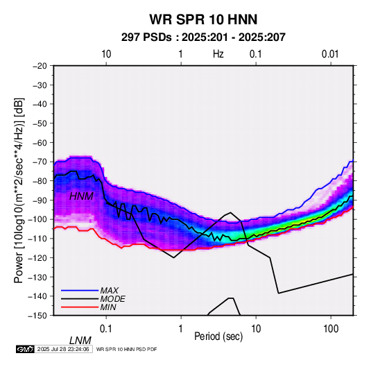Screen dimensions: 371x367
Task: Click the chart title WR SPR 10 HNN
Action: coord(203,19)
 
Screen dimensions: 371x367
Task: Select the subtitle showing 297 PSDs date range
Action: coord(203,37)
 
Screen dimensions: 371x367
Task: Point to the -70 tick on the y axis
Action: coord(40,162)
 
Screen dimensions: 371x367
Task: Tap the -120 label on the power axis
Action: coord(38,257)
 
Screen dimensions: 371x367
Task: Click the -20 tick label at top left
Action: coord(40,66)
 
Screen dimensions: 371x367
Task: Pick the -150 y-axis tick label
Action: coord(38,316)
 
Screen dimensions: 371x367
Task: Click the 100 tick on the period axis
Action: coord(331,329)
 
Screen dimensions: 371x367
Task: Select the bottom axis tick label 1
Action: coord(181,329)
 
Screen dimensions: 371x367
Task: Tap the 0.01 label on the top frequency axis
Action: coord(330,54)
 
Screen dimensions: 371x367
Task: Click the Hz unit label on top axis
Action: coord(218,54)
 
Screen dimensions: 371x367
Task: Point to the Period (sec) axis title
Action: coord(218,336)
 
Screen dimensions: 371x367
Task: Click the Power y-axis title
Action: coord(19,191)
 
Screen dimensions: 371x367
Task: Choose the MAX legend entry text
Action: coord(110,290)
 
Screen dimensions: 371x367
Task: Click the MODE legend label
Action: coord(112,299)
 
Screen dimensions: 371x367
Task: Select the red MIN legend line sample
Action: coord(80,307)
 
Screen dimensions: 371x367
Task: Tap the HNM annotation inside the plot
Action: coord(81,196)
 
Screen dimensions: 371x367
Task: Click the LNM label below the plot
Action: coord(80,341)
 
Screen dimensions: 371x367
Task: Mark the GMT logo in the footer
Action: coord(25,349)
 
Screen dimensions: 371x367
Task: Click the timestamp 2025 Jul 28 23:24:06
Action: coord(63,349)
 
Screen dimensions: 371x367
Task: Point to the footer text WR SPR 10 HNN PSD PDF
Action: coord(127,349)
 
